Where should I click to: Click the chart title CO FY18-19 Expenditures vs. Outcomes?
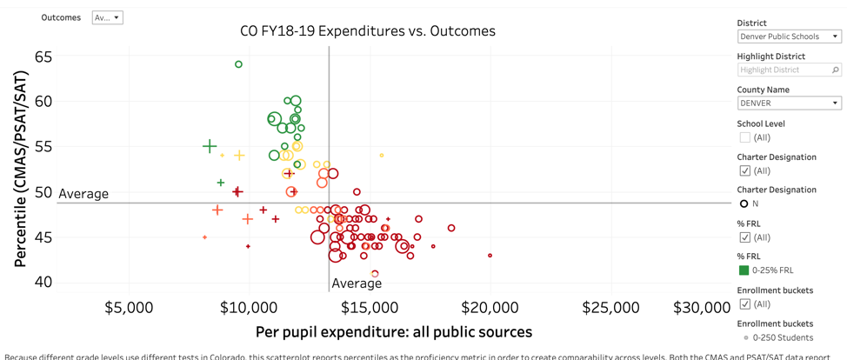(367, 31)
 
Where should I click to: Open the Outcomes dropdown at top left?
(107, 17)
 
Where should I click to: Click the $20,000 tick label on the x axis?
(490, 308)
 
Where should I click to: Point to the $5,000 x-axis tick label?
(129, 308)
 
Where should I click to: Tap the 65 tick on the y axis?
(43, 57)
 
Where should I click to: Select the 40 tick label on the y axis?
(43, 282)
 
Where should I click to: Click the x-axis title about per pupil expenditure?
(393, 332)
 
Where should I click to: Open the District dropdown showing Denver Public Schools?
(789, 37)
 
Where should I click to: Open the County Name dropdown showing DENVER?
(789, 103)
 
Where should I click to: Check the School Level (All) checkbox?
(744, 137)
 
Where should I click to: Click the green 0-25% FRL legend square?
(744, 270)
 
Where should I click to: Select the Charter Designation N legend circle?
(744, 203)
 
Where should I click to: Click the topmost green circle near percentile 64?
(238, 64)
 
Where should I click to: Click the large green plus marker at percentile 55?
(210, 146)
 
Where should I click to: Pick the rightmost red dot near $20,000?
(490, 256)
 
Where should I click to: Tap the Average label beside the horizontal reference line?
(83, 194)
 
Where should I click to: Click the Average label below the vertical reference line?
(357, 283)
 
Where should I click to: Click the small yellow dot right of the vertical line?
(382, 156)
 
